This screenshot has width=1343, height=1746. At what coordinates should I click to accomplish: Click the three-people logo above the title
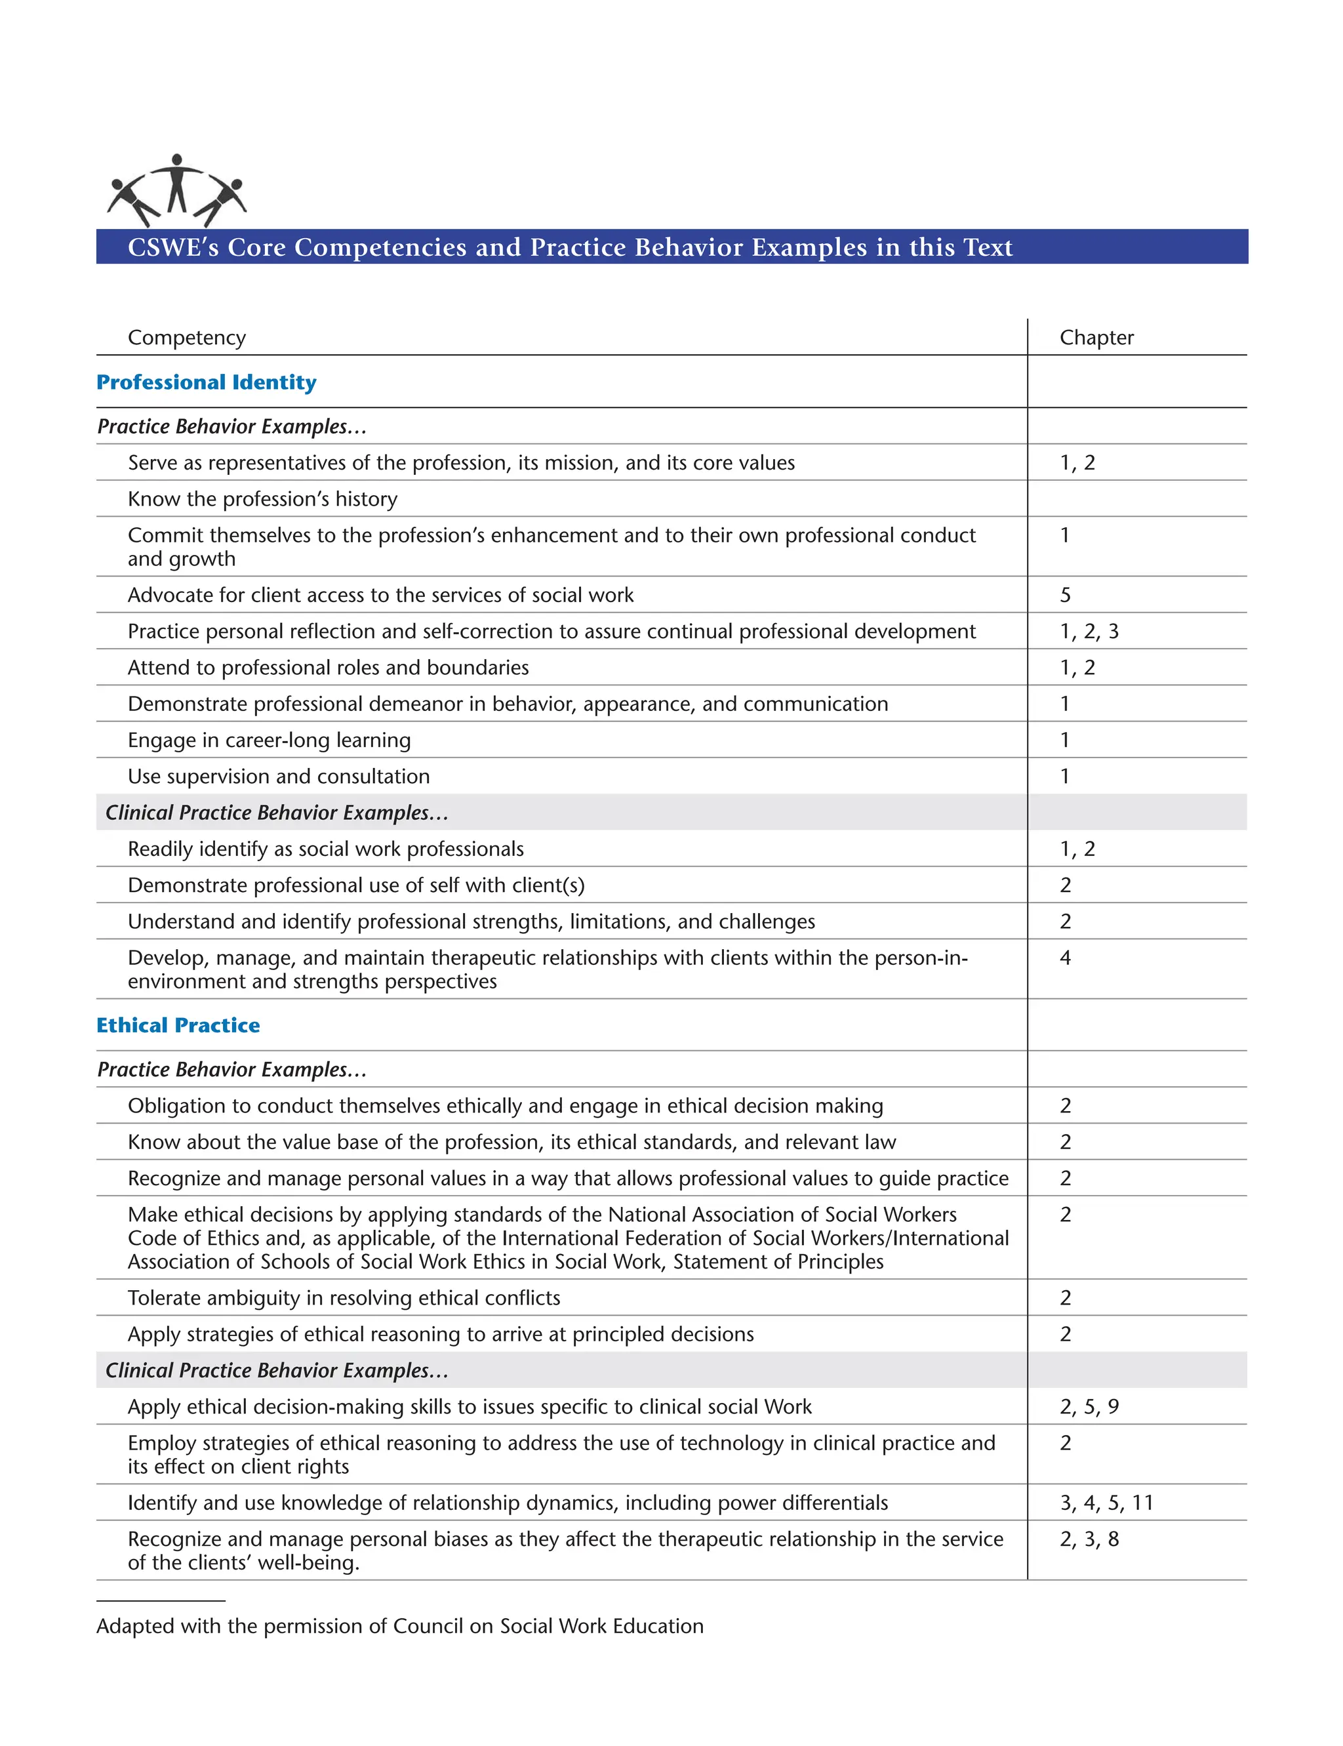[176, 190]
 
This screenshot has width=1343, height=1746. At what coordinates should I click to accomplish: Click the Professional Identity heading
[207, 382]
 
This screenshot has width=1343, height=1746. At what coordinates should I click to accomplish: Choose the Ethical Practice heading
[178, 1025]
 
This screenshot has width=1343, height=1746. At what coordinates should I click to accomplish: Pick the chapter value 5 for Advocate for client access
[1065, 595]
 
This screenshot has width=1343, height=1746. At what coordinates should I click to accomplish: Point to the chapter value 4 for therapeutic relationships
[1065, 958]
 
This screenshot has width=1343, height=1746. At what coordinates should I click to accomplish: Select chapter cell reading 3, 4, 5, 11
[1106, 1503]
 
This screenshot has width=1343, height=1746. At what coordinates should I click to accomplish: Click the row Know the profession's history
[262, 499]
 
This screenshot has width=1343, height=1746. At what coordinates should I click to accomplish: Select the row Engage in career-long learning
[269, 741]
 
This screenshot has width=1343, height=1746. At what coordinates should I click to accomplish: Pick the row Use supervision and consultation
[278, 777]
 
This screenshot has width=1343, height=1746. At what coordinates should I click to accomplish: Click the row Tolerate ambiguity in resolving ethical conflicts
[344, 1297]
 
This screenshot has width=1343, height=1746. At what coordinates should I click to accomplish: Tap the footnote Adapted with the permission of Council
[400, 1626]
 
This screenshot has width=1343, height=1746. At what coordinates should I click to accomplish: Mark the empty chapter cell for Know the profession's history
[1135, 499]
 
